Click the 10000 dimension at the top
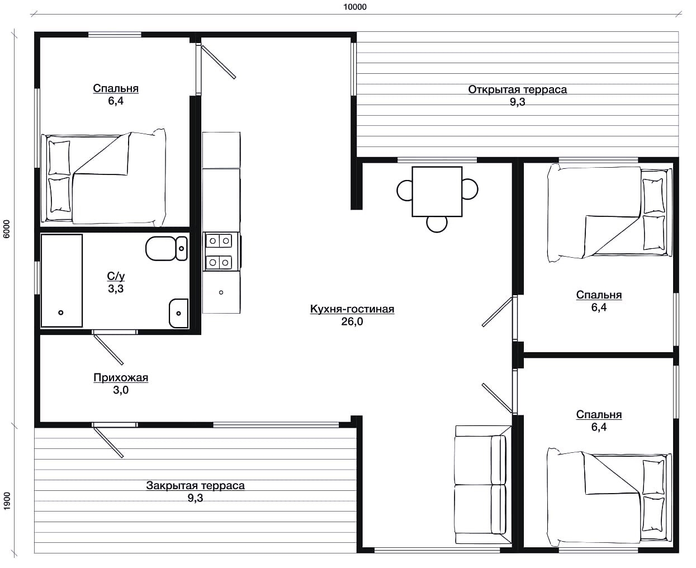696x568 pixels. click(355, 7)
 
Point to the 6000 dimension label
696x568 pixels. click(7, 229)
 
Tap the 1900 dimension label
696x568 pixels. click(7, 501)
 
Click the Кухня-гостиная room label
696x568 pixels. click(352, 309)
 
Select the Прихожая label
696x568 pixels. click(121, 377)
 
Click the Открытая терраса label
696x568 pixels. click(518, 89)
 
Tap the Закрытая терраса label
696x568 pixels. click(195, 485)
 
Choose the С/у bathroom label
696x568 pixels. click(116, 276)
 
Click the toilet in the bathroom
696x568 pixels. click(167, 248)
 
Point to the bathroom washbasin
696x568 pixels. click(178, 313)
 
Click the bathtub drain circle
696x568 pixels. click(61, 313)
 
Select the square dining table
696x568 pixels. click(437, 191)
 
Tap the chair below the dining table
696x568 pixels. click(437, 224)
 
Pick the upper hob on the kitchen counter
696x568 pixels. click(219, 241)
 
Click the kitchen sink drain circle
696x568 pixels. click(221, 292)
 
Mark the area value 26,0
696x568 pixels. click(352, 321)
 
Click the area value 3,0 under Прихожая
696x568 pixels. click(121, 390)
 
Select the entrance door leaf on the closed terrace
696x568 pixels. click(108, 443)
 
